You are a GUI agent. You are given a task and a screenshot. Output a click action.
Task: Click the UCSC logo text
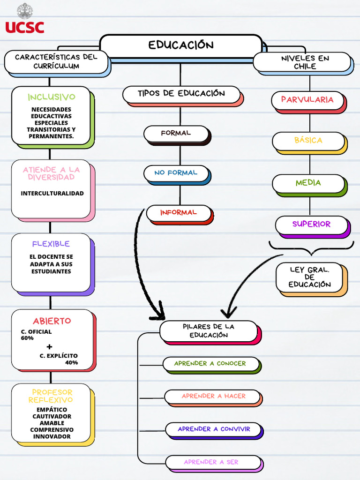tap(25, 27)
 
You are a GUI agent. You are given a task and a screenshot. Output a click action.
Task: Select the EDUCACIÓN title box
tap(181, 45)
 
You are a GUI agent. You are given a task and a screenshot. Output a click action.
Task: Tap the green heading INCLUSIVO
tap(52, 97)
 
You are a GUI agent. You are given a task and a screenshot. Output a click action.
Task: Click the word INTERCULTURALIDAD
tap(52, 193)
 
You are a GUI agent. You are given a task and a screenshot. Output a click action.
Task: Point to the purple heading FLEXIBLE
tap(51, 244)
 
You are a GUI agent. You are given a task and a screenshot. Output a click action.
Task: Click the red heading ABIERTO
tap(52, 321)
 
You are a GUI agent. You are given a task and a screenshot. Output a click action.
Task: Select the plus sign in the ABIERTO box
tap(50, 347)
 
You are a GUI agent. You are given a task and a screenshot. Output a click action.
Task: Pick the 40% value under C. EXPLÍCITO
tap(71, 362)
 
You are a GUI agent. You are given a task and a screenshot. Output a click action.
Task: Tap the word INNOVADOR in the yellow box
tap(52, 436)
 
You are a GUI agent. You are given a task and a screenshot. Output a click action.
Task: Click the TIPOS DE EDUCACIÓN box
tap(181, 94)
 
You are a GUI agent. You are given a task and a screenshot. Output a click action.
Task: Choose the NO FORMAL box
tap(176, 173)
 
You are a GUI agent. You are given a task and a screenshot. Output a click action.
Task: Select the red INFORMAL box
tap(179, 213)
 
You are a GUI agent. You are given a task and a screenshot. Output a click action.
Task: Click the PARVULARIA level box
tap(307, 100)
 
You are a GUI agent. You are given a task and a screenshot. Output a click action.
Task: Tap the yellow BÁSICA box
tap(308, 141)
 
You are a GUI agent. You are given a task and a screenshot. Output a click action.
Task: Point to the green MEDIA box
tap(308, 183)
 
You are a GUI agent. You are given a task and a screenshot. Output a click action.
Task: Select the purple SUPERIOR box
tap(311, 225)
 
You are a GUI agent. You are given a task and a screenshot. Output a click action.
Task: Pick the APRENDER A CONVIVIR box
tap(214, 429)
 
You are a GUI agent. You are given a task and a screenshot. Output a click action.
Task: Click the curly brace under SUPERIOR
tap(311, 247)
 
